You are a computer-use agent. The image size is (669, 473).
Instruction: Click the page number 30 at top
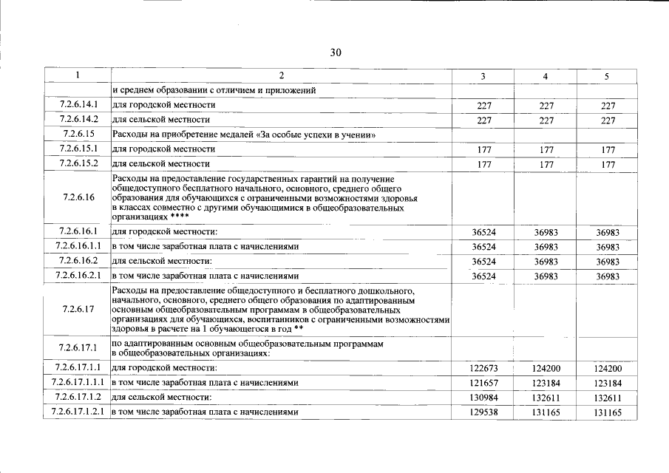(x=336, y=52)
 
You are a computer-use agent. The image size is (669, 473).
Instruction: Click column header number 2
(x=281, y=76)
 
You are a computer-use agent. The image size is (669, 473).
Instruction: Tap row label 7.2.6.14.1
(x=78, y=106)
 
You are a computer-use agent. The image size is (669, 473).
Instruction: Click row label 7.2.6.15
(x=78, y=135)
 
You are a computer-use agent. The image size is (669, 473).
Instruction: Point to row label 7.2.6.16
(x=78, y=197)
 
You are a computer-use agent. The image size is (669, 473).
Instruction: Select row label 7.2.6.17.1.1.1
(x=78, y=383)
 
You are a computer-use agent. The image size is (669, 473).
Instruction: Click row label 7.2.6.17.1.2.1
(x=78, y=412)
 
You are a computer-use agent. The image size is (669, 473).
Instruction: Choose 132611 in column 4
(x=546, y=398)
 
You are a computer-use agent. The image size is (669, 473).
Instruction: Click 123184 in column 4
(x=546, y=384)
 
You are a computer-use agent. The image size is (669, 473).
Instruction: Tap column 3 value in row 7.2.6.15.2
(x=484, y=164)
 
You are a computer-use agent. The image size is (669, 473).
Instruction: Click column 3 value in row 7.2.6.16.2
(x=484, y=262)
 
